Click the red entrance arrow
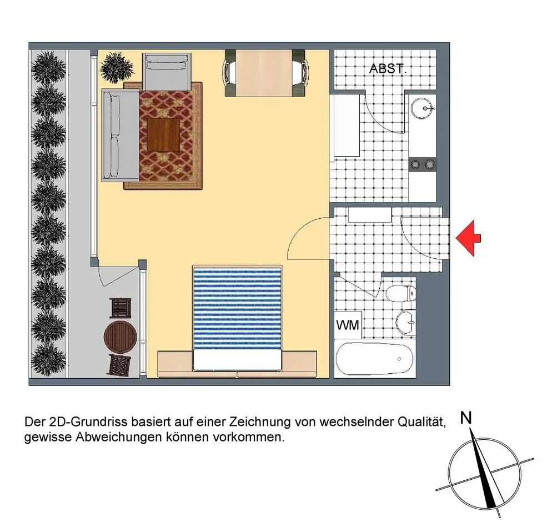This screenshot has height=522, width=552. point(468,238)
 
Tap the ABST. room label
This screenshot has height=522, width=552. point(388,69)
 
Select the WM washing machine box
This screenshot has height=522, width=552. point(348,325)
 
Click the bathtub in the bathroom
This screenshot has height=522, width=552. point(374,359)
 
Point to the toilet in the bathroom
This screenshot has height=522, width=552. point(401,293)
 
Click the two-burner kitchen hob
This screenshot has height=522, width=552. point(423,164)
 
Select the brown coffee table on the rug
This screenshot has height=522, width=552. point(163,135)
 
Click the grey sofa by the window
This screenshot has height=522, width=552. point(121,135)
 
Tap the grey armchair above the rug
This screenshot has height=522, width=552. point(167,72)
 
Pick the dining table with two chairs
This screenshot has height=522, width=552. point(265,73)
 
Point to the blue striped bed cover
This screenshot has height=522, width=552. point(237,309)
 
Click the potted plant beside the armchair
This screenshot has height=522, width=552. point(117,68)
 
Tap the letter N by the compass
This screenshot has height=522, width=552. point(466,418)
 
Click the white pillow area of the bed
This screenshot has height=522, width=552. point(237,360)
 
